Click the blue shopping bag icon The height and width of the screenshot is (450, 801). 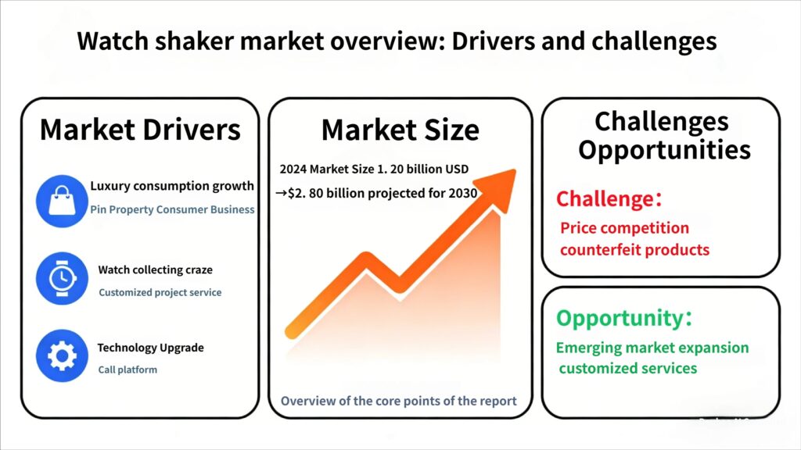[62, 201]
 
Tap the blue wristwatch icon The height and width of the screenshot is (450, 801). [62, 279]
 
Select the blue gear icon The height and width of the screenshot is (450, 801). [62, 355]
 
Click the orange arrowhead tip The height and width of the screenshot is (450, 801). [514, 170]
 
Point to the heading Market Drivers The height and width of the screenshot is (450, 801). [140, 130]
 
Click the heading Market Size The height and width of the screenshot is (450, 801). [400, 130]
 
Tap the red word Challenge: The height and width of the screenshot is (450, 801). [609, 198]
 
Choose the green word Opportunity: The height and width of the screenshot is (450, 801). [624, 318]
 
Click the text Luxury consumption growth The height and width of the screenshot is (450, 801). [172, 186]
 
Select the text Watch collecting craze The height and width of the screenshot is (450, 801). [156, 270]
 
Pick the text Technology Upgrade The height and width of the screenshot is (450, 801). [151, 348]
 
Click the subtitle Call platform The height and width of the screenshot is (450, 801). [128, 370]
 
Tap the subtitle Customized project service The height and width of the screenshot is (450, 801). [160, 292]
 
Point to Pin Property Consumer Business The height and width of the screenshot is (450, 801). [172, 209]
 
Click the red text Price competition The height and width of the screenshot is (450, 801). [625, 228]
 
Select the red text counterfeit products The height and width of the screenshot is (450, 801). [635, 250]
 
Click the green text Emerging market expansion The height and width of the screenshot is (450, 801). [652, 348]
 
